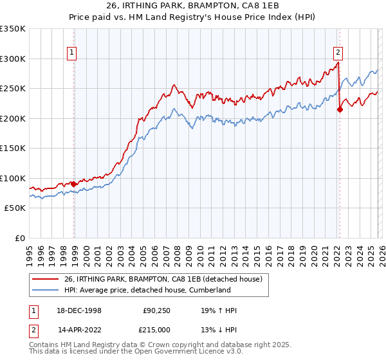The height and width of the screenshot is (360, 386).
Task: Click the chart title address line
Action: coord(193,6)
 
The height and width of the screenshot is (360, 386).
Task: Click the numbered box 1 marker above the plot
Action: coord(71,53)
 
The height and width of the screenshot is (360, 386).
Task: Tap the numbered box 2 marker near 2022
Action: coord(338,53)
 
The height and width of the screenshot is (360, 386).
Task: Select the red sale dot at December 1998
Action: coord(74,184)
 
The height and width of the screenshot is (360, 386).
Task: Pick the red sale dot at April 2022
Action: coord(340,110)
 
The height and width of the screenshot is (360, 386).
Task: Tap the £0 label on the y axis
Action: coord(19,238)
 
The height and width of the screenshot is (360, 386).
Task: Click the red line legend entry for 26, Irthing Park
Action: coord(163,280)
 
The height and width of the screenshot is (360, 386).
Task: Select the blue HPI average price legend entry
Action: coord(147,290)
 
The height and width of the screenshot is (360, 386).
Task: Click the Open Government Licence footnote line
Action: coord(126,353)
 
